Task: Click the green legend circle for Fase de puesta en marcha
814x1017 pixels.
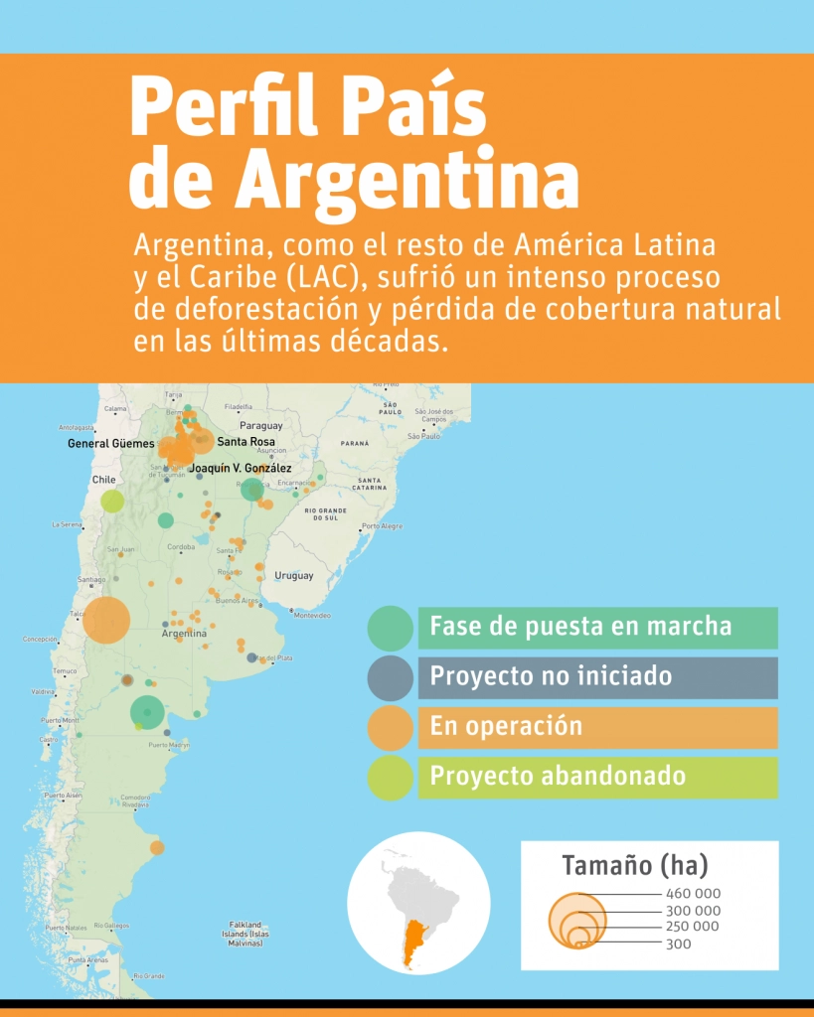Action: point(390,628)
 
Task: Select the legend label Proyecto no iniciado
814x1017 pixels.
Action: point(550,677)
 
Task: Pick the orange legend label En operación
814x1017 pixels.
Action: point(506,727)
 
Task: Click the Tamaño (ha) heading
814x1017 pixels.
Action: point(635,865)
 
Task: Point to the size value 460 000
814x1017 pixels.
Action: point(693,894)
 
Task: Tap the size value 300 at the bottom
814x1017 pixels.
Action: point(679,944)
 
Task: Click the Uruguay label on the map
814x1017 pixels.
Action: point(293,576)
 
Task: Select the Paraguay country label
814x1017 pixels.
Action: point(261,425)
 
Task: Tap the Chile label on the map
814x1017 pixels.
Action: point(104,479)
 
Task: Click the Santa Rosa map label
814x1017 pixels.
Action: point(246,442)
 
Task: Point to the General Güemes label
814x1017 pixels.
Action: point(111,444)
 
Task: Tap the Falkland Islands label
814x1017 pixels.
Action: point(245,933)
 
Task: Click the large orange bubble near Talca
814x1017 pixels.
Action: point(106,620)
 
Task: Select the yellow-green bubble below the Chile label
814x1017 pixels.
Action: point(112,501)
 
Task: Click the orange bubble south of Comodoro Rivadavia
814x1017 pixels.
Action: point(157,847)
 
